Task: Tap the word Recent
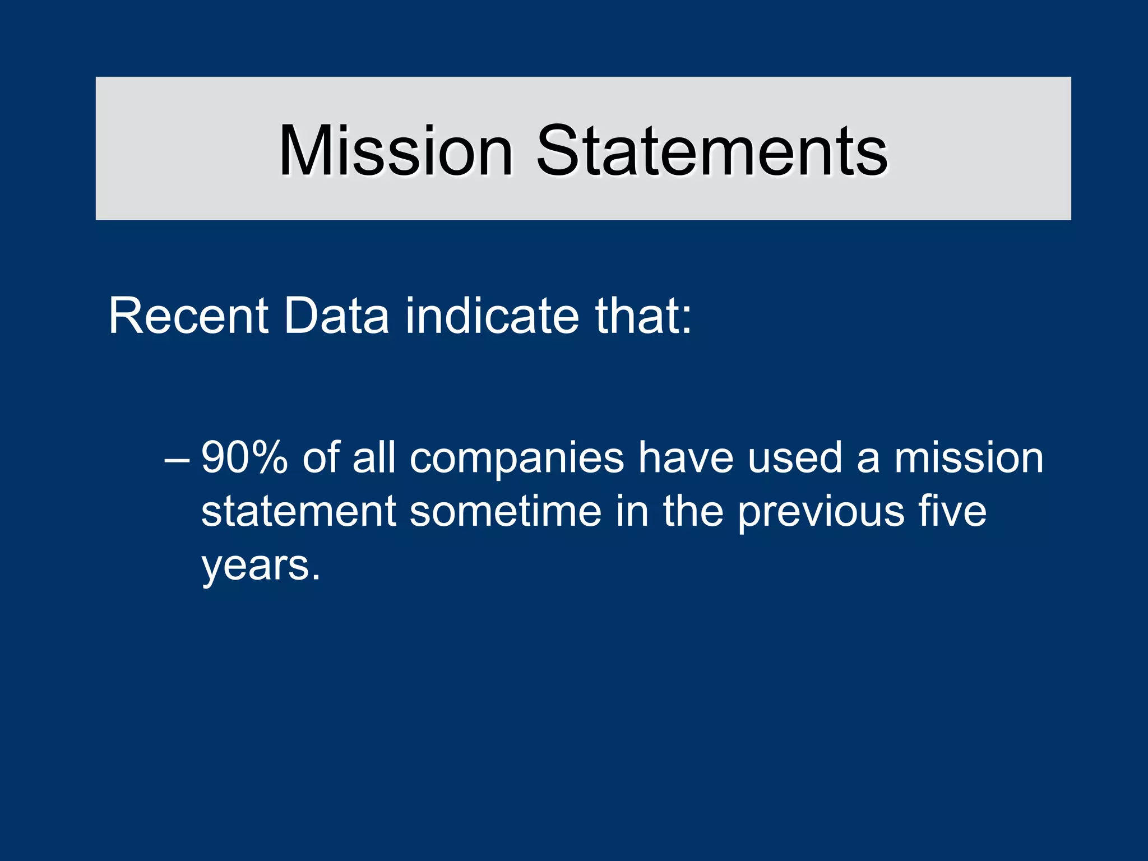tap(188, 316)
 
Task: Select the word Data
tap(336, 316)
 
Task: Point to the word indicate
tap(492, 316)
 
